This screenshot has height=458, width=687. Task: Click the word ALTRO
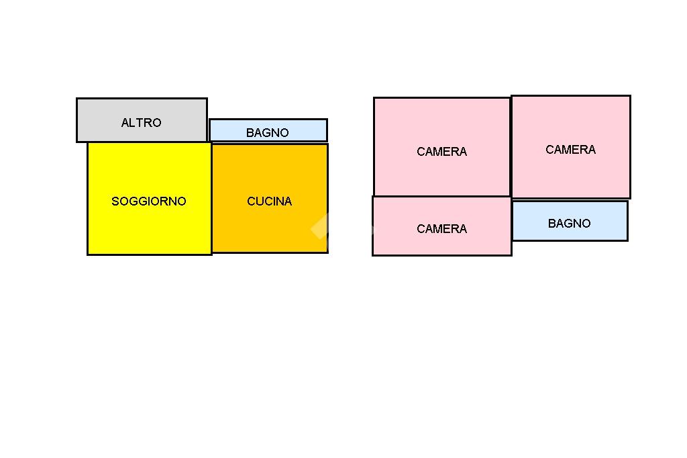[142, 123]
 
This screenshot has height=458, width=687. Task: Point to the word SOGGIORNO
[149, 201]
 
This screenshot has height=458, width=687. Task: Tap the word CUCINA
[270, 201]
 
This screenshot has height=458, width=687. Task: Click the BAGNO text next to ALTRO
[267, 133]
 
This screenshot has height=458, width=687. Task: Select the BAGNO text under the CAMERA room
[569, 224]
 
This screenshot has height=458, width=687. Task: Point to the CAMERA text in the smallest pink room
[442, 229]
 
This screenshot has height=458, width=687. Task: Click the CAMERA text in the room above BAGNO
[570, 150]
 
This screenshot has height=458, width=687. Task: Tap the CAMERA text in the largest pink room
[442, 152]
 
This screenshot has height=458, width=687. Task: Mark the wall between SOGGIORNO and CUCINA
[212, 201]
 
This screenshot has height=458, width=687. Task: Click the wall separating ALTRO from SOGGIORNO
[148, 142]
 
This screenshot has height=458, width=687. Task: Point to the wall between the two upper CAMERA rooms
[511, 148]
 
